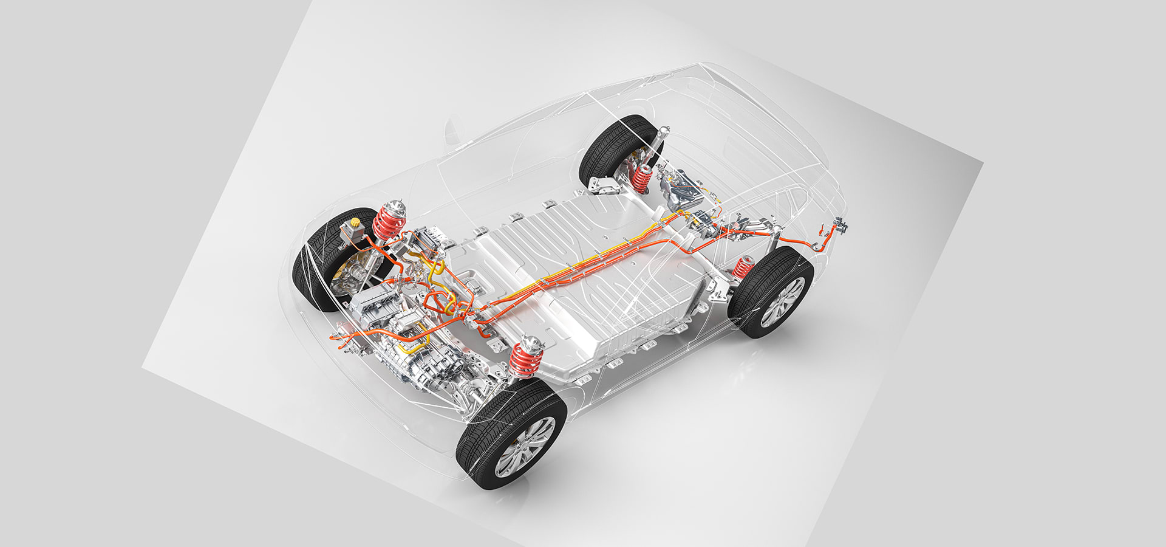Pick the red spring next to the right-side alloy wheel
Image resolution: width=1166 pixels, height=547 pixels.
(x=742, y=267)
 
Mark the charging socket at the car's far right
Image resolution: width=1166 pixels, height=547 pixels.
(x=840, y=225)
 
